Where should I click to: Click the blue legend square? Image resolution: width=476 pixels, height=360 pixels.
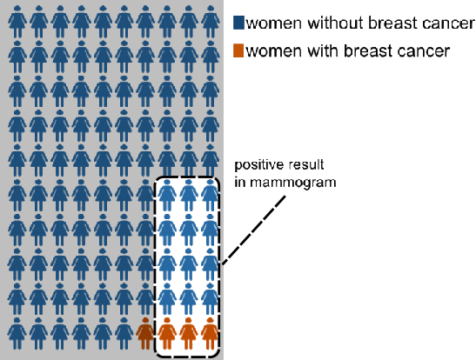(x=238, y=23)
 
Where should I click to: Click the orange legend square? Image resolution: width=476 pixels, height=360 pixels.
(x=238, y=50)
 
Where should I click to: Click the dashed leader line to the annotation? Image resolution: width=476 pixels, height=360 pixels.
(x=254, y=230)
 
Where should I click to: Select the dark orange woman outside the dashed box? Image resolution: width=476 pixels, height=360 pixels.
(x=145, y=333)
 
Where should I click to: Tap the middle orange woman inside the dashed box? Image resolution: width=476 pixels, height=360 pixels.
(x=188, y=333)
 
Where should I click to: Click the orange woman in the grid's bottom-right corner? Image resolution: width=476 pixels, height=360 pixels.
(x=210, y=333)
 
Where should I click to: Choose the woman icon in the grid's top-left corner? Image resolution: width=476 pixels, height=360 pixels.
(x=17, y=21)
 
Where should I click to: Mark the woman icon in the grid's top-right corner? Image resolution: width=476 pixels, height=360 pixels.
(x=210, y=21)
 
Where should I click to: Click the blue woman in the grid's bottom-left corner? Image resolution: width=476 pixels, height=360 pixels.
(x=17, y=333)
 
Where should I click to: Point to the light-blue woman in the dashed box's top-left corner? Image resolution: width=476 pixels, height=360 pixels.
(x=167, y=195)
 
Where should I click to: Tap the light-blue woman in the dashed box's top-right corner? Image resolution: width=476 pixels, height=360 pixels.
(x=210, y=195)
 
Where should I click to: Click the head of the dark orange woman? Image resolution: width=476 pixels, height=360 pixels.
(x=145, y=320)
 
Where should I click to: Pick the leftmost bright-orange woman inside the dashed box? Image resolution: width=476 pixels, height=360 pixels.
(x=167, y=333)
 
